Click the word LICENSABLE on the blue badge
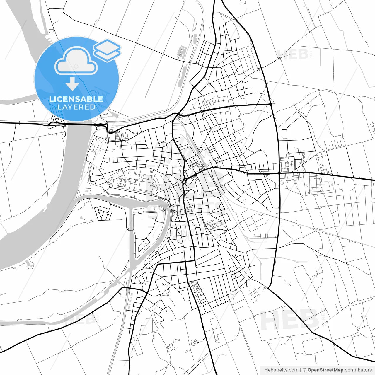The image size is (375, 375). [x=76, y=99]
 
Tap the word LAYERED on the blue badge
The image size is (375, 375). [x=76, y=107]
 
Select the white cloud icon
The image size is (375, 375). [x=76, y=62]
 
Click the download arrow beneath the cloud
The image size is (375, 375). [x=72, y=84]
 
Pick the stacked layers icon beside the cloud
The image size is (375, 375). [x=107, y=50]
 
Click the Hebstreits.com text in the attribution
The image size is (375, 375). [x=281, y=370]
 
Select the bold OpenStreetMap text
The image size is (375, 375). [x=325, y=370]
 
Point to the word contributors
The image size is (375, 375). [x=358, y=370]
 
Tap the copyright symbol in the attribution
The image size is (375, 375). [x=304, y=370]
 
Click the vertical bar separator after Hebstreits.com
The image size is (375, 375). [x=301, y=370]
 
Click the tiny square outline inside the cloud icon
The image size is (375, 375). [x=76, y=66]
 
